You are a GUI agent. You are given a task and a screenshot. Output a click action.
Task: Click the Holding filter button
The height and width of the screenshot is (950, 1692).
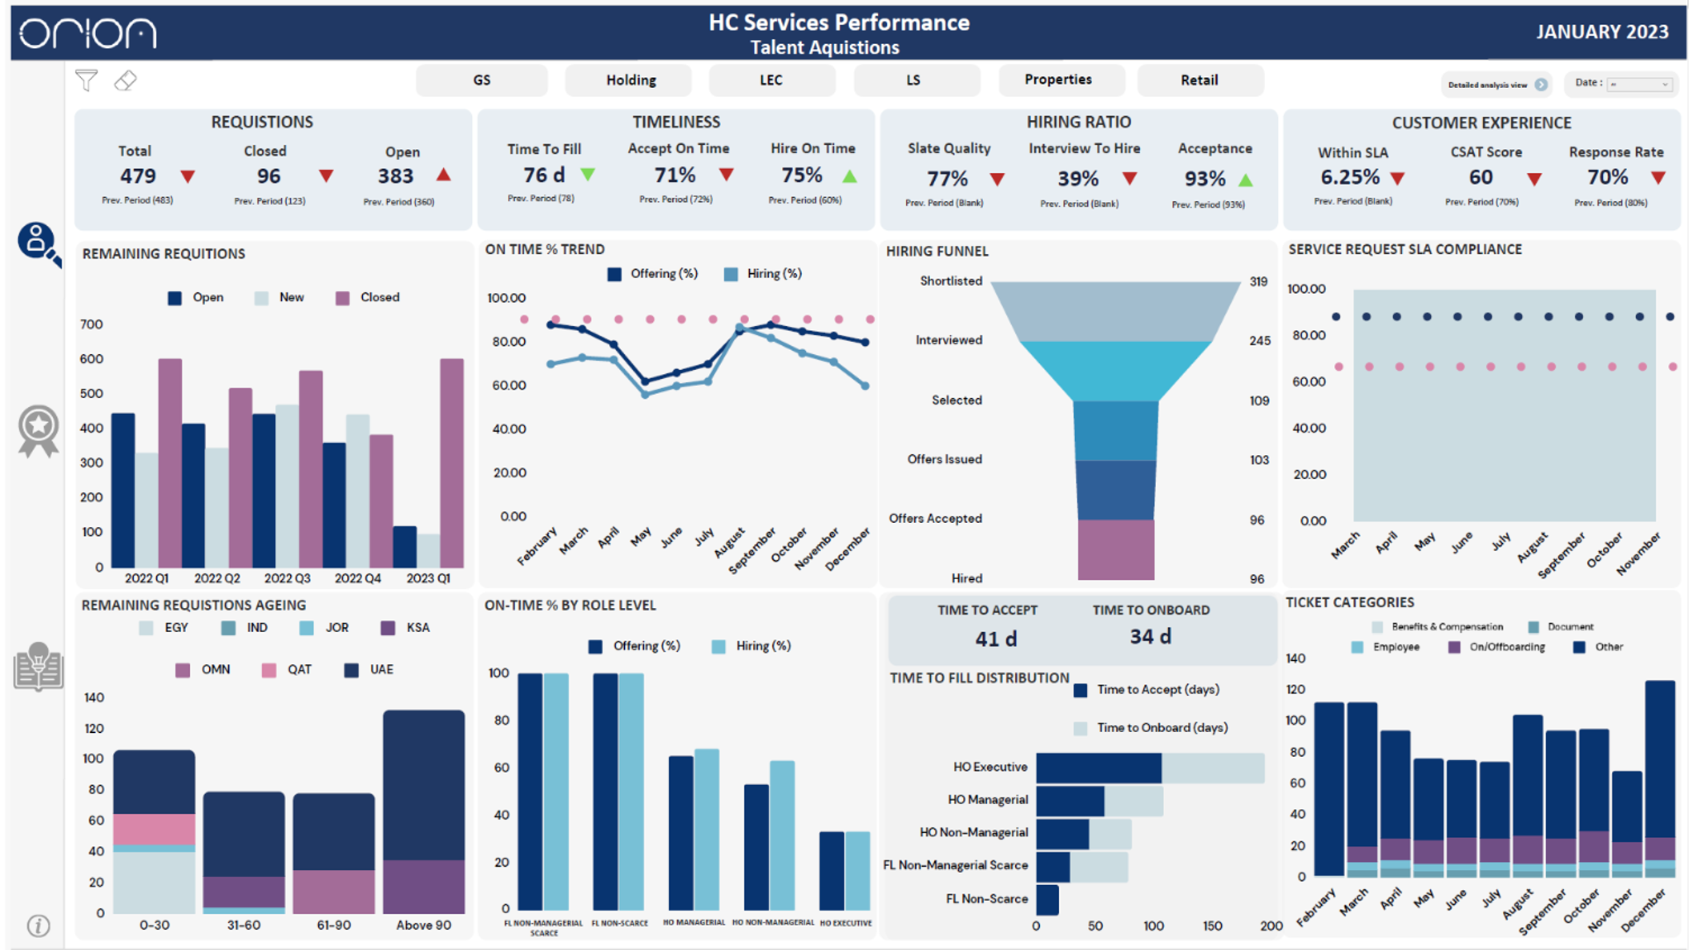tap(630, 80)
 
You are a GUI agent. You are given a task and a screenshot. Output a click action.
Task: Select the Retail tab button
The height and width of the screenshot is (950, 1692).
tap(1198, 80)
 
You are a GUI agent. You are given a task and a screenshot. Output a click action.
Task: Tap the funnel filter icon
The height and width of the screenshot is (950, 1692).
tap(87, 81)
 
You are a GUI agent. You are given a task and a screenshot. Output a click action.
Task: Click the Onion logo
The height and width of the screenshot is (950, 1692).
tap(88, 34)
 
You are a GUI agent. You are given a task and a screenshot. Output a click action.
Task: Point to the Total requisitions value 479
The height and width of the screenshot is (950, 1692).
tap(138, 175)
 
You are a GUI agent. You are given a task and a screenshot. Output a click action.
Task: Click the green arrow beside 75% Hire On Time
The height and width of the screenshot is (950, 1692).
tap(850, 176)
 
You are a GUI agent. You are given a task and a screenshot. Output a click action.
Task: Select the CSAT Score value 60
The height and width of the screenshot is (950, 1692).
tap(1480, 177)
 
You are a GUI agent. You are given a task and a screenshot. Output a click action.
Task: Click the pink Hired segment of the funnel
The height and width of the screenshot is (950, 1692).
tap(1115, 549)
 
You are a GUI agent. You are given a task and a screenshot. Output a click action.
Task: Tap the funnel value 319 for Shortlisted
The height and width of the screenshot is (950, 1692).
tap(1258, 282)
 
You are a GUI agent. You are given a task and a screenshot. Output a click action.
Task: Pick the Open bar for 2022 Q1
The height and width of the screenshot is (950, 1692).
tap(123, 490)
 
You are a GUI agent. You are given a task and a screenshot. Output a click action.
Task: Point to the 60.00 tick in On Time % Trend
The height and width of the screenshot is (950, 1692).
tap(509, 385)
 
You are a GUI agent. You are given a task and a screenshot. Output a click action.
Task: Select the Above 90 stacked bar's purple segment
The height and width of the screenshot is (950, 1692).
tap(423, 886)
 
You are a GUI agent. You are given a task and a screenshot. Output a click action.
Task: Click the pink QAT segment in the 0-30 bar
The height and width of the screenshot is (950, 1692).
tap(154, 829)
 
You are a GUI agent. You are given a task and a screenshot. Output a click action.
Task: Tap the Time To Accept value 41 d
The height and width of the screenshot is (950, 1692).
tap(995, 638)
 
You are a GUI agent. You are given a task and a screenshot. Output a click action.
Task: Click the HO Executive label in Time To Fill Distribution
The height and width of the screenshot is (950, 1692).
tap(989, 767)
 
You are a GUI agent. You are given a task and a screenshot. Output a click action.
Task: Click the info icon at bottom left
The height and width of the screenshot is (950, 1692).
tap(38, 926)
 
